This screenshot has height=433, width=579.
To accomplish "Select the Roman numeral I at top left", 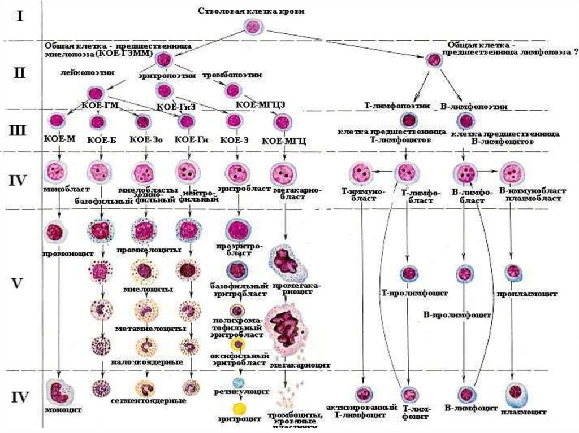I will pyautogui.click(x=20, y=16).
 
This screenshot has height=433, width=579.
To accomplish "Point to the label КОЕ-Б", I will pyautogui.click(x=98, y=139).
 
